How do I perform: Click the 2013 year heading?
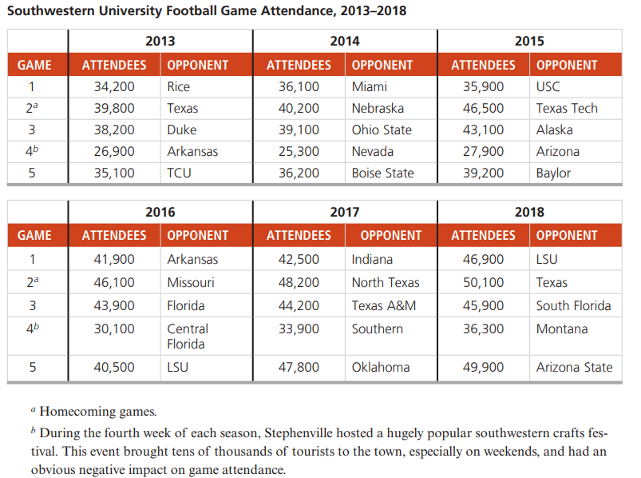[160, 41]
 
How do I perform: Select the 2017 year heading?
[345, 212]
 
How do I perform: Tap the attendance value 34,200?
[114, 87]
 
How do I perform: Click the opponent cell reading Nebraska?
[378, 108]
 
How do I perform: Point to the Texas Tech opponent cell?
[567, 108]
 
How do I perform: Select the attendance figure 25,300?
[299, 151]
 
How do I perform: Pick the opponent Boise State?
[382, 173]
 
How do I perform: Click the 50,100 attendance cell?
[483, 282]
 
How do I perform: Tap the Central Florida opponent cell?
[188, 337]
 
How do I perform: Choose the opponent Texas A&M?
[384, 305]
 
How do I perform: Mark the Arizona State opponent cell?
[575, 367]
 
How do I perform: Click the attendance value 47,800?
[299, 367]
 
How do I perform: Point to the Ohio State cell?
[382, 129]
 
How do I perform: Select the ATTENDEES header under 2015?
[483, 65]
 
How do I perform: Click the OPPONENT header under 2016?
[197, 235]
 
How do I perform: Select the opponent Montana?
[562, 329]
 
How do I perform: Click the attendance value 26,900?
[114, 151]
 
